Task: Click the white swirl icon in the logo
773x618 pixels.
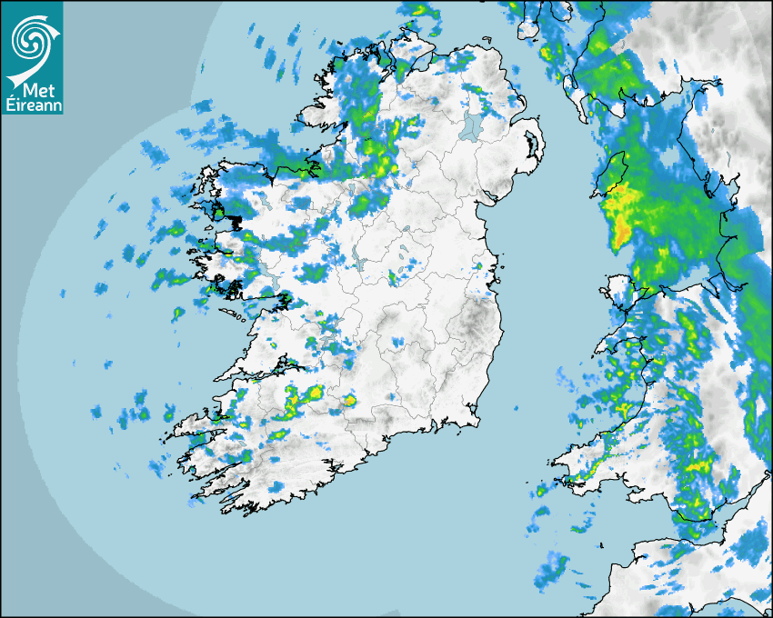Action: (32, 38)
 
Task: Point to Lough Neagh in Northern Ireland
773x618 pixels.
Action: (471, 126)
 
